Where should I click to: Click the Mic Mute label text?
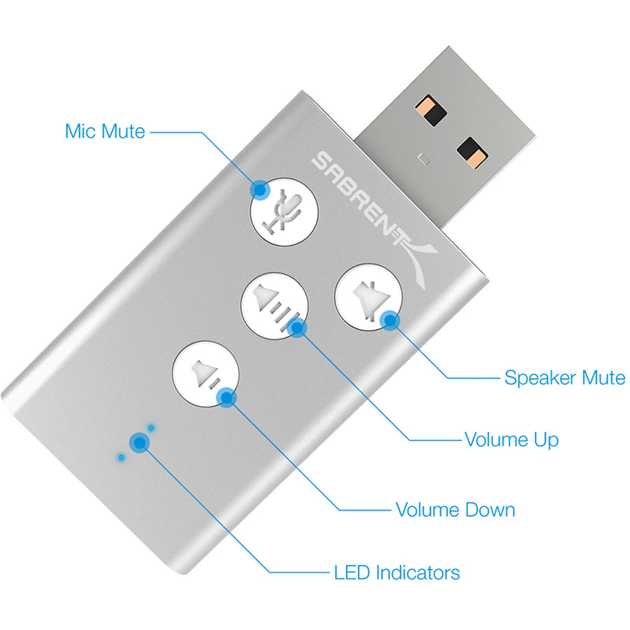click(x=105, y=131)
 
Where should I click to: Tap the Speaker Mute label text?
click(x=564, y=378)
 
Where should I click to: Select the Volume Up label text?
click(x=511, y=440)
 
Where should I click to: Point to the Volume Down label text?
click(x=455, y=509)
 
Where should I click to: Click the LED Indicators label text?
click(x=397, y=573)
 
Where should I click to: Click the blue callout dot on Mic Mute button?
click(x=260, y=188)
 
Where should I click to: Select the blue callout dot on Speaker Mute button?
click(x=390, y=321)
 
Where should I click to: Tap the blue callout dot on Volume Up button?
click(x=297, y=327)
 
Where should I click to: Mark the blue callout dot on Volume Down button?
click(x=225, y=398)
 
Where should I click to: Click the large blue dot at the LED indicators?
click(x=140, y=442)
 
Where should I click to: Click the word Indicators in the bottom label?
click(x=418, y=573)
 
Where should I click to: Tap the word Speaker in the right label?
click(x=537, y=378)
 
